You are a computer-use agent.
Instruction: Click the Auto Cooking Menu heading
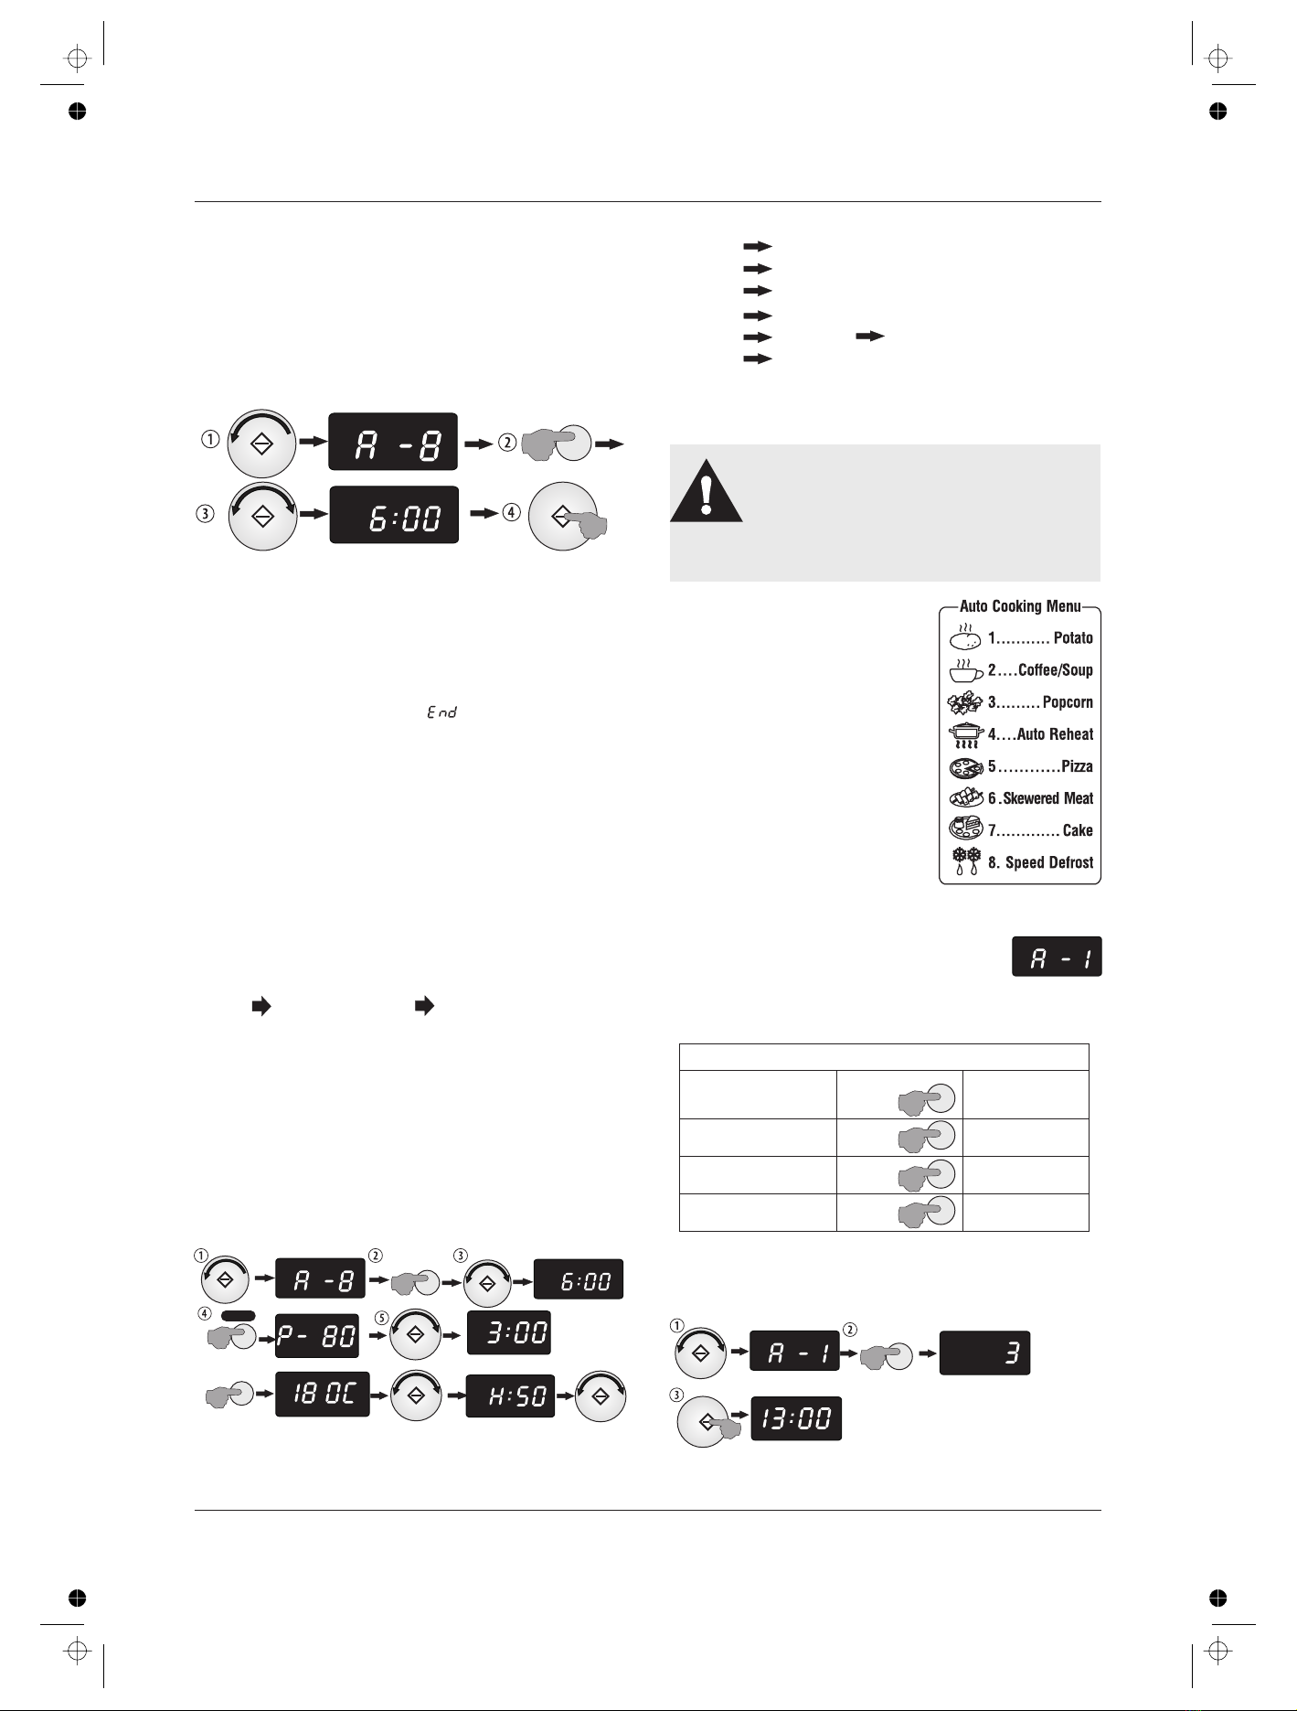tap(1020, 606)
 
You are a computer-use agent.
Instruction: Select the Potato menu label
tap(1073, 638)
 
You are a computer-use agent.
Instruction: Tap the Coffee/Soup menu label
tap(1056, 670)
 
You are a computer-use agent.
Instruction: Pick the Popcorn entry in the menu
tap(1068, 702)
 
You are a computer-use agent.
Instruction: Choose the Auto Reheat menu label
tap(1055, 734)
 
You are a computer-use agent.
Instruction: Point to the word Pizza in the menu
tap(1077, 766)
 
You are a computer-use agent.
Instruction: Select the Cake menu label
tap(1078, 830)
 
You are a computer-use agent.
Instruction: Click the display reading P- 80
tap(317, 1336)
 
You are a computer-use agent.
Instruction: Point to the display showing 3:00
tap(508, 1333)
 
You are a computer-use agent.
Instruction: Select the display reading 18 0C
tap(323, 1395)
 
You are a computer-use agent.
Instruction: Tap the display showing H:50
tap(510, 1396)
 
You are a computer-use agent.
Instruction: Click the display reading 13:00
tap(796, 1418)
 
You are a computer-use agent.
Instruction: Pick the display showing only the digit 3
tap(985, 1353)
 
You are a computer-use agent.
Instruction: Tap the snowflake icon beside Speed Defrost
tap(967, 861)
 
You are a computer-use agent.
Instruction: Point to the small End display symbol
tap(441, 711)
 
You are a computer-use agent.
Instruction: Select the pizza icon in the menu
tap(966, 766)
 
